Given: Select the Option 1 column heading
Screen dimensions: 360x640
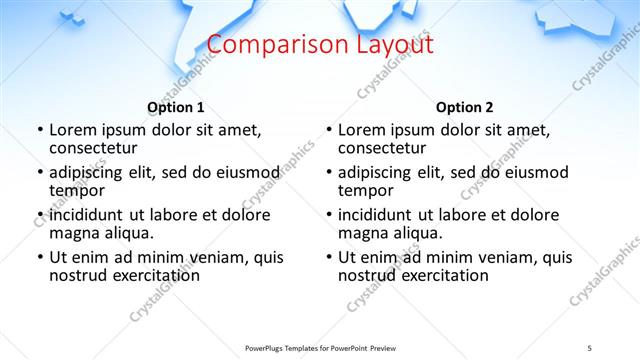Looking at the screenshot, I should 176,107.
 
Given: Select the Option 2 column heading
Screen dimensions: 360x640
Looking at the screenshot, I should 464,107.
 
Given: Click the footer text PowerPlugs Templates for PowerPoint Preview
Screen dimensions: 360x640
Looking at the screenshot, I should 320,348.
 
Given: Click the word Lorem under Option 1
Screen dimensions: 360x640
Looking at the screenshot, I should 74,130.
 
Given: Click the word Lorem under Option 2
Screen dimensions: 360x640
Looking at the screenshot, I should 363,130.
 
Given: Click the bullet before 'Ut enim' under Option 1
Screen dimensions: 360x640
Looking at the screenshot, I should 39,257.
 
